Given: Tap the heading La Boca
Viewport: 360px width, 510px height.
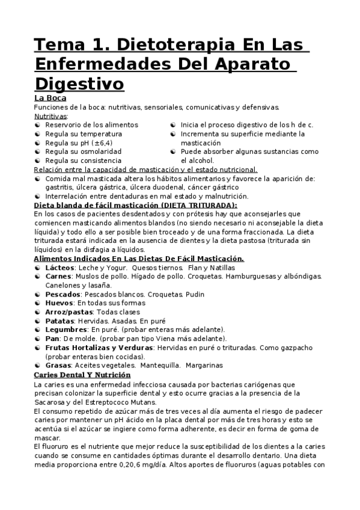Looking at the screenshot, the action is pos(50,98).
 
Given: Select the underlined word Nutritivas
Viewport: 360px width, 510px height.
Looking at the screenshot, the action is pos(50,115).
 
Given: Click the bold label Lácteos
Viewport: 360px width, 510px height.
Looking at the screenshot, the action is pos(60,267).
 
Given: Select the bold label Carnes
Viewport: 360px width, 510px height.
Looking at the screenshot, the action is pos(59,276).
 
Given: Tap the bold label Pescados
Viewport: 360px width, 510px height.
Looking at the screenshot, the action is pos(63,294).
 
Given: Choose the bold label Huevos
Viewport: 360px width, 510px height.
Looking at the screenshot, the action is pos(59,303).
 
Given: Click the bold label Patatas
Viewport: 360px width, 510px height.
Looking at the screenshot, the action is pos(60,321).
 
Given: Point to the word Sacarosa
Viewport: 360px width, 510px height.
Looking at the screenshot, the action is pos(50,402).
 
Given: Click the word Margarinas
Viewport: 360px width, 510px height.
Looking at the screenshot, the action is pos(204,365).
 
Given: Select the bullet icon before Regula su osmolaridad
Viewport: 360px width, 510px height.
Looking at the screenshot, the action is pos(38,152).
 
